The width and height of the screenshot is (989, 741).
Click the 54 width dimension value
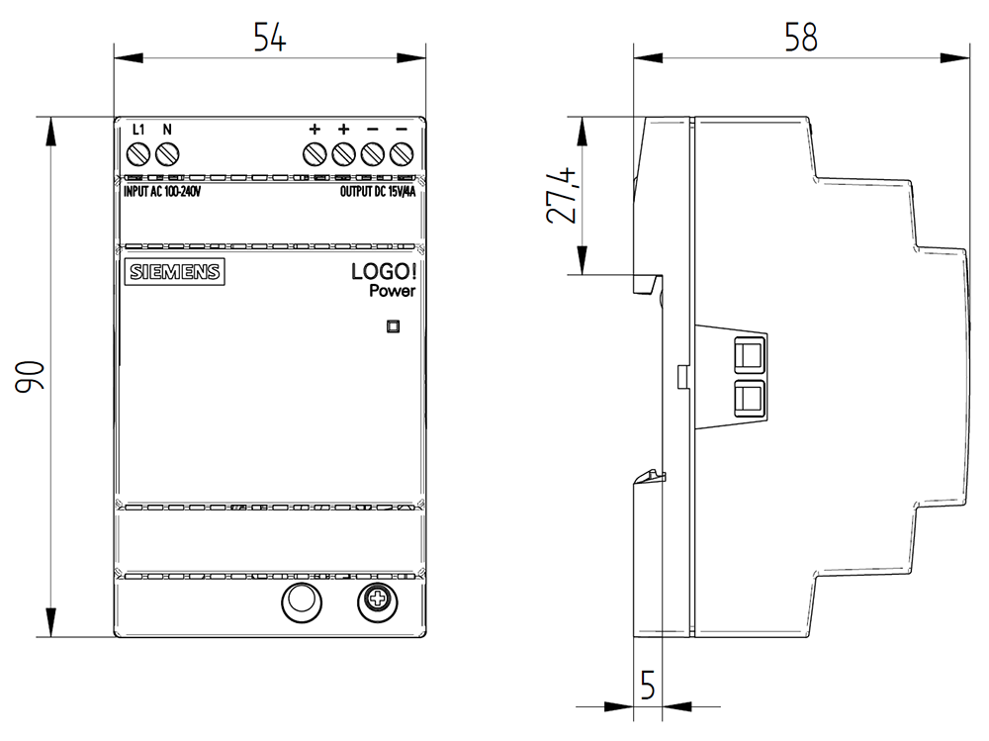(269, 38)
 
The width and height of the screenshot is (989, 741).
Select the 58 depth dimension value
(801, 38)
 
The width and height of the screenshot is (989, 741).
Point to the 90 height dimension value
(30, 377)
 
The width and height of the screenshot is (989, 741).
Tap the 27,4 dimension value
(562, 195)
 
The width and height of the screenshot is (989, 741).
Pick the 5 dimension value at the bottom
(648, 685)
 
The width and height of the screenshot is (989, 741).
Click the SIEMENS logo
(175, 272)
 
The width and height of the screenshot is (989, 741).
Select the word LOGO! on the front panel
(384, 271)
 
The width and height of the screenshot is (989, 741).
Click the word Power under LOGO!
(393, 291)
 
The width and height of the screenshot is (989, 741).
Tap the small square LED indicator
(393, 326)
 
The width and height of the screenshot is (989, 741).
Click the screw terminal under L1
(138, 153)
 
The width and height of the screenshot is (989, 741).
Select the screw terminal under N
(167, 153)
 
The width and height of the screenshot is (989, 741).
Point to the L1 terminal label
(138, 130)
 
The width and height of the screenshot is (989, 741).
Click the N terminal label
(167, 130)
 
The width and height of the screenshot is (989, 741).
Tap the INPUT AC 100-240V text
(162, 191)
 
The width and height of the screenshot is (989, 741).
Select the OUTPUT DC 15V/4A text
(378, 191)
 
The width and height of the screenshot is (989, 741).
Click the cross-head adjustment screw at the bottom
(377, 602)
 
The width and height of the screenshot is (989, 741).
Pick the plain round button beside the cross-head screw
(302, 602)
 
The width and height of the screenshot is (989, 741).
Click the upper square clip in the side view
(750, 354)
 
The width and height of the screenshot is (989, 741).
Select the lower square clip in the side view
(750, 399)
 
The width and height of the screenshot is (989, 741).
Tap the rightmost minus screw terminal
(402, 153)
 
